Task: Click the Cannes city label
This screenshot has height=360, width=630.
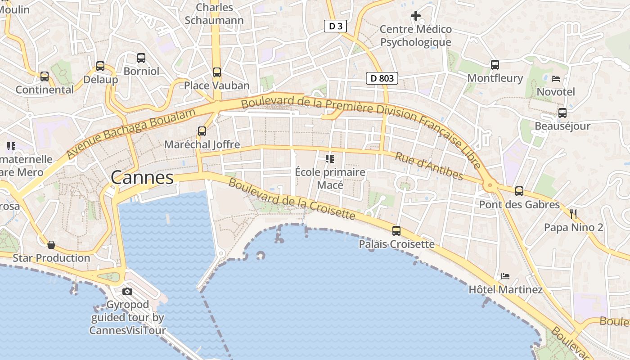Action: (142, 177)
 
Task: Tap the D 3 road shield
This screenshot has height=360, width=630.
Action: (335, 26)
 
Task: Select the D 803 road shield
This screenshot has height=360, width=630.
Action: (382, 78)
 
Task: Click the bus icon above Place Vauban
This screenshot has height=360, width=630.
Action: (217, 72)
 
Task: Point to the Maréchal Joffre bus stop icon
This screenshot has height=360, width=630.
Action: (202, 131)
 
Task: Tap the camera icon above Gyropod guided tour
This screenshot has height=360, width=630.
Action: (127, 291)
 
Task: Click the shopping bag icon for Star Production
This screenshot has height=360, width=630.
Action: (51, 245)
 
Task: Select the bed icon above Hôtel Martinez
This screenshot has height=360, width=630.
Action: (505, 276)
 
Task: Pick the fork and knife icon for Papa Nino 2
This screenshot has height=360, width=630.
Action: (573, 214)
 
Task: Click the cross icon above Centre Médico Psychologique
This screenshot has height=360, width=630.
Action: (416, 16)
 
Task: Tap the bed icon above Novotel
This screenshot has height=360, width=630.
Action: (556, 79)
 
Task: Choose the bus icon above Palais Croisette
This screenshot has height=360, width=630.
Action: (396, 230)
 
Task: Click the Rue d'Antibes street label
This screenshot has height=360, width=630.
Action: (429, 166)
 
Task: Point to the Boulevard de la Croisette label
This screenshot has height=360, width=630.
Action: (292, 199)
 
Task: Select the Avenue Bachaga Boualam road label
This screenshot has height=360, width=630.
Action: (131, 133)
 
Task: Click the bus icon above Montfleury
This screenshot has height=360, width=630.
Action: (495, 65)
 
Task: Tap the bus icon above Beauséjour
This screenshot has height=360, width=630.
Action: (562, 113)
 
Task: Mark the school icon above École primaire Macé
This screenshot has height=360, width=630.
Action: (330, 158)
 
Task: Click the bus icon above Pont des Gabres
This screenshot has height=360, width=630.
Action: (519, 191)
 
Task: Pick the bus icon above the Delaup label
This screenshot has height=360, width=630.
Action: (100, 66)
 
